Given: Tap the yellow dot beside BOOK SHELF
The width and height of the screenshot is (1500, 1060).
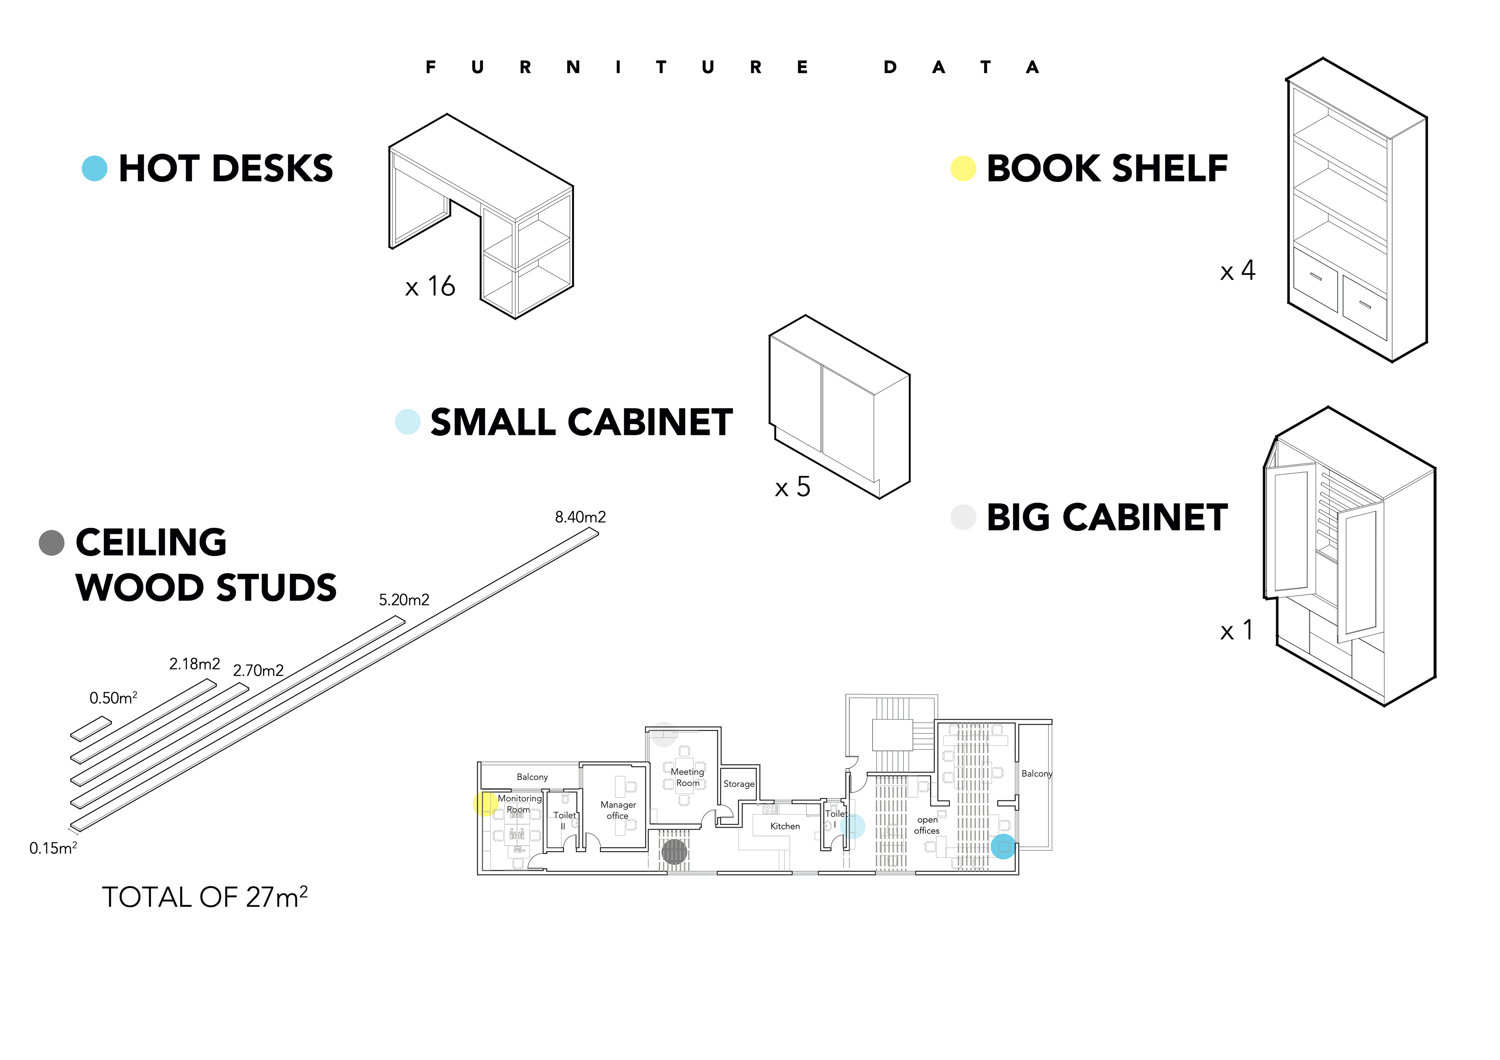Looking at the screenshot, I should tap(963, 169).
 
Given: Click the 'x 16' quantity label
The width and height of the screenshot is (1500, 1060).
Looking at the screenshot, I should tap(430, 287).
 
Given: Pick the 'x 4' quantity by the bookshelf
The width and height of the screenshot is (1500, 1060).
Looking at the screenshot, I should tap(1237, 271).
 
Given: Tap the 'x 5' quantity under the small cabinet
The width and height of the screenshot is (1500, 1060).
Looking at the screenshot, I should tap(793, 487).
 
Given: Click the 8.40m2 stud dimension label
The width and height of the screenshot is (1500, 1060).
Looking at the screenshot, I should tap(580, 517).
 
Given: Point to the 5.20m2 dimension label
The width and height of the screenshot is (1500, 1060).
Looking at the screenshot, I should tap(404, 600).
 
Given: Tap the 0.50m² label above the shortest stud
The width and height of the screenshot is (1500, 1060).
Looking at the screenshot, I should tap(113, 698).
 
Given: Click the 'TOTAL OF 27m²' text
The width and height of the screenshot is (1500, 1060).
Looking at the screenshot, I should tap(204, 897).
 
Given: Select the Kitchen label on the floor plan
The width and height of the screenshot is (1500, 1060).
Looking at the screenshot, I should tap(785, 826).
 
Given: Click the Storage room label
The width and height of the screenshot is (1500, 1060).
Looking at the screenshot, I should tap(739, 784).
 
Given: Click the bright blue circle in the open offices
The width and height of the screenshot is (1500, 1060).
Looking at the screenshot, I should tap(1003, 846).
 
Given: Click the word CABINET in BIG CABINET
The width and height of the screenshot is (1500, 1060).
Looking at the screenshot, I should tap(1146, 518).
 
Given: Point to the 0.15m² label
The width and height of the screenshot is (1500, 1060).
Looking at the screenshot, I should tap(53, 848).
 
